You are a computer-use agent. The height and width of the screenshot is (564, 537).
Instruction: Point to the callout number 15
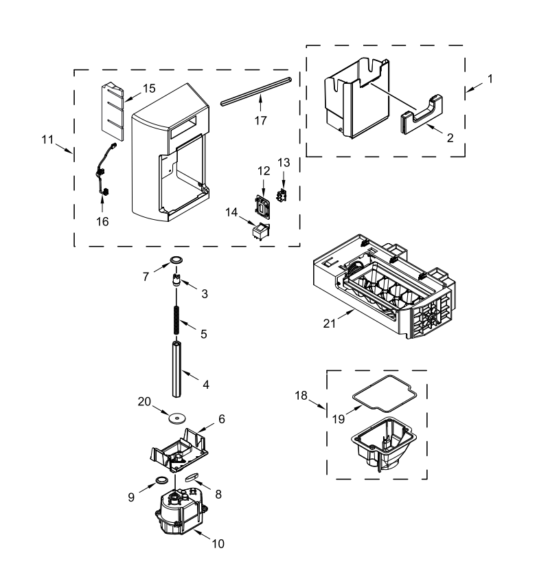[x=150, y=89]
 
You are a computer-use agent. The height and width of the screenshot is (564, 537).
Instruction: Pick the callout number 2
[x=450, y=137]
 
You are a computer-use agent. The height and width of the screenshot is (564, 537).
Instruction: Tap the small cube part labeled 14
[x=260, y=232]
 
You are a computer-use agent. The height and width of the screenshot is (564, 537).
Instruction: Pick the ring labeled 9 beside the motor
[x=163, y=480]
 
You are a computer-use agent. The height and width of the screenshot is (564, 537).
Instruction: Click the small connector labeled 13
[x=280, y=195]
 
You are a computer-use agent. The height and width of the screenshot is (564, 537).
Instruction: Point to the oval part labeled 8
[x=192, y=475]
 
